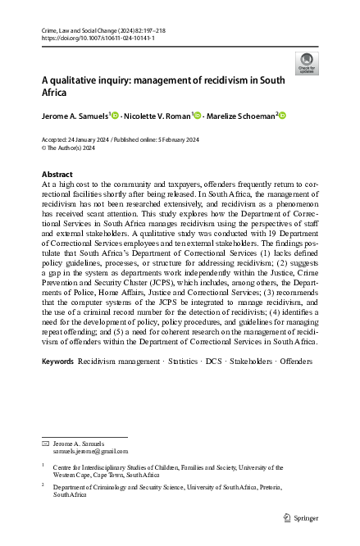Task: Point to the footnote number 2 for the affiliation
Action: (43, 485)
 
